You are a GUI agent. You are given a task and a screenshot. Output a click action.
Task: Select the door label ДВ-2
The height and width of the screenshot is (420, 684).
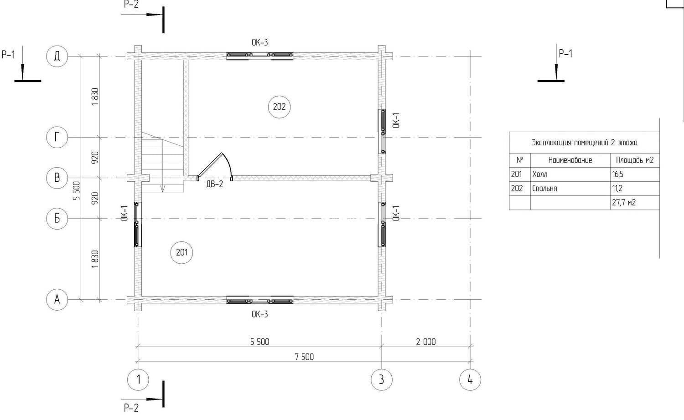[x=215, y=184]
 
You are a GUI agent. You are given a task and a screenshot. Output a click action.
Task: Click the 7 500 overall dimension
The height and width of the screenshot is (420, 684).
[x=304, y=357]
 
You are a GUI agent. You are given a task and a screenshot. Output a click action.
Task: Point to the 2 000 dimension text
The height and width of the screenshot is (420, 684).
[x=426, y=342]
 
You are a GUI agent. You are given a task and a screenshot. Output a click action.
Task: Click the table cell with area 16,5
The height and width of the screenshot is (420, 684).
[x=635, y=174]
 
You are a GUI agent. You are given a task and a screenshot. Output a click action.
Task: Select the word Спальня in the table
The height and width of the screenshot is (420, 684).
[x=544, y=189]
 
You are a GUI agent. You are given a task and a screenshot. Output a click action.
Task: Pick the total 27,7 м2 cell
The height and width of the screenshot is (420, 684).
[x=635, y=203]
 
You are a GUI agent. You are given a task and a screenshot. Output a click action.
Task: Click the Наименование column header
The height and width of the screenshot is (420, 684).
[x=570, y=160]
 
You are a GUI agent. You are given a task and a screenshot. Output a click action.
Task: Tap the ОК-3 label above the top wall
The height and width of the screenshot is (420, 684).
[x=260, y=42]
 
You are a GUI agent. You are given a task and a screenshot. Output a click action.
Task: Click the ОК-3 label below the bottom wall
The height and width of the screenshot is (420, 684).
[x=260, y=314]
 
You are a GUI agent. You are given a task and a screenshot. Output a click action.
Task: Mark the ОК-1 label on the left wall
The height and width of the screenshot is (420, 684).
[x=124, y=213]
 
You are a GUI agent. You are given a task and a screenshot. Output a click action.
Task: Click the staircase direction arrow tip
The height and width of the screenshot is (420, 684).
[x=163, y=192]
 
